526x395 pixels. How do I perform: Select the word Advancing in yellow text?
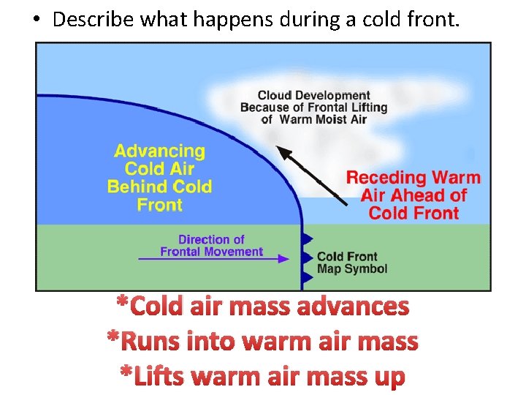click(x=159, y=151)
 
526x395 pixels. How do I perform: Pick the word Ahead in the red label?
click(x=422, y=195)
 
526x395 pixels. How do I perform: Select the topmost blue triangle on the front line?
click(x=307, y=238)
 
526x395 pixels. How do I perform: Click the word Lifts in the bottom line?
click(x=163, y=376)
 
